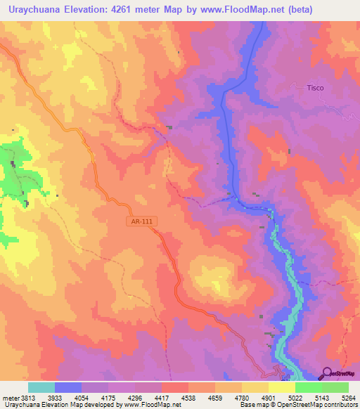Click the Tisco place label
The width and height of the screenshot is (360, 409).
pyautogui.click(x=315, y=88)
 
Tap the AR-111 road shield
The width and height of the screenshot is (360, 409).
pyautogui.click(x=141, y=221)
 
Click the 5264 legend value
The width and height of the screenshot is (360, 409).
pyautogui.click(x=348, y=397)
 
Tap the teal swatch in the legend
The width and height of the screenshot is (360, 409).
pyautogui.click(x=41, y=387)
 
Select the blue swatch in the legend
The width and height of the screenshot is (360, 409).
pyautogui.click(x=68, y=387)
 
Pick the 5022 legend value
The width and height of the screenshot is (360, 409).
pyautogui.click(x=281, y=397)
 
